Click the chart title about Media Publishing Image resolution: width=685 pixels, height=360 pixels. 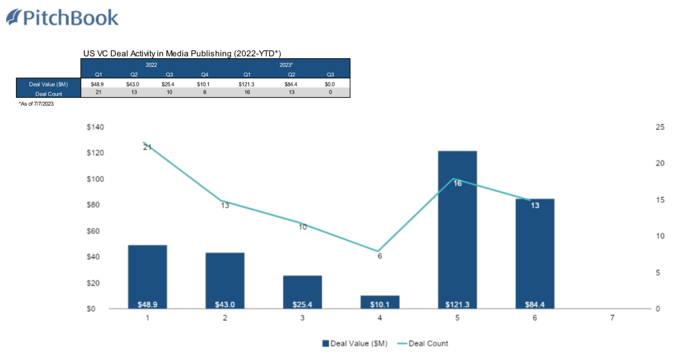(181, 53)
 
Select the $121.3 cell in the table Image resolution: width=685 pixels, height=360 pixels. (246, 84)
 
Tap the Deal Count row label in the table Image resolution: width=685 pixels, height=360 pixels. (48, 93)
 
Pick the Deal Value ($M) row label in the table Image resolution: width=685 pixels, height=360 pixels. (48, 84)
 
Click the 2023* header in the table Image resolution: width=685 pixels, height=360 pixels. (286, 65)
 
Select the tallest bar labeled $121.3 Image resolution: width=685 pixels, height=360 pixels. (457, 228)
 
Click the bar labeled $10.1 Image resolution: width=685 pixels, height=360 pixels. (380, 301)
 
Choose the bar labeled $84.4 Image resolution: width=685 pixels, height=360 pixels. (534, 251)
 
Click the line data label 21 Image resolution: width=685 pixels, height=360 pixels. (147, 147)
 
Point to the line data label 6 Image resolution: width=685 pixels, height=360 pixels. (380, 256)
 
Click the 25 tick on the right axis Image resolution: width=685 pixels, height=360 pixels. (660, 127)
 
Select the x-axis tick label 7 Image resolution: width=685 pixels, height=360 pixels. (612, 319)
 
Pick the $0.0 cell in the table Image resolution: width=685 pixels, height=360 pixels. (329, 84)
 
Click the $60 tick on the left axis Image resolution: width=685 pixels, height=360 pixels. (98, 231)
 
